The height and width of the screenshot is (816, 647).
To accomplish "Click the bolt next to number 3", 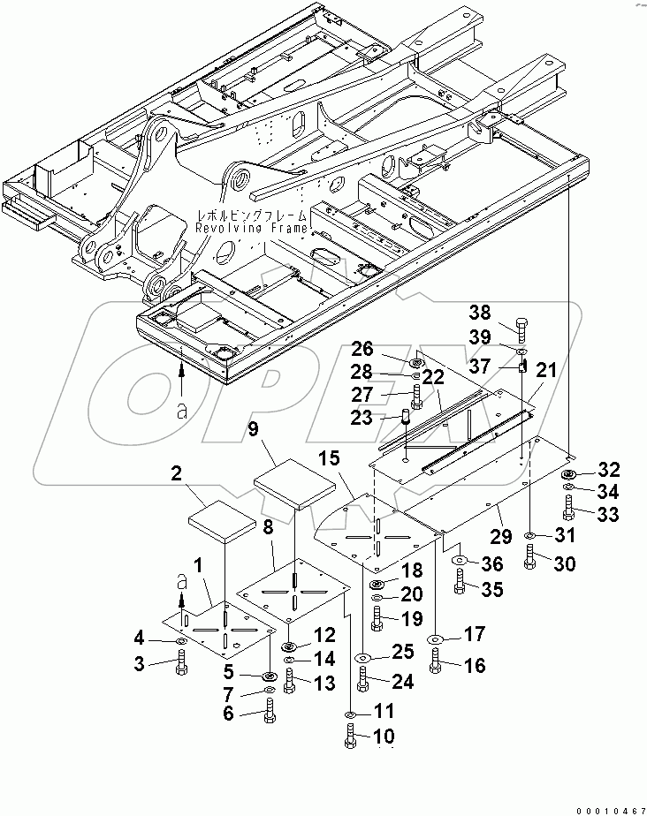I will [x=181, y=661].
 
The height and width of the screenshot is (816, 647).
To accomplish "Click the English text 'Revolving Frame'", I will [x=253, y=228].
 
